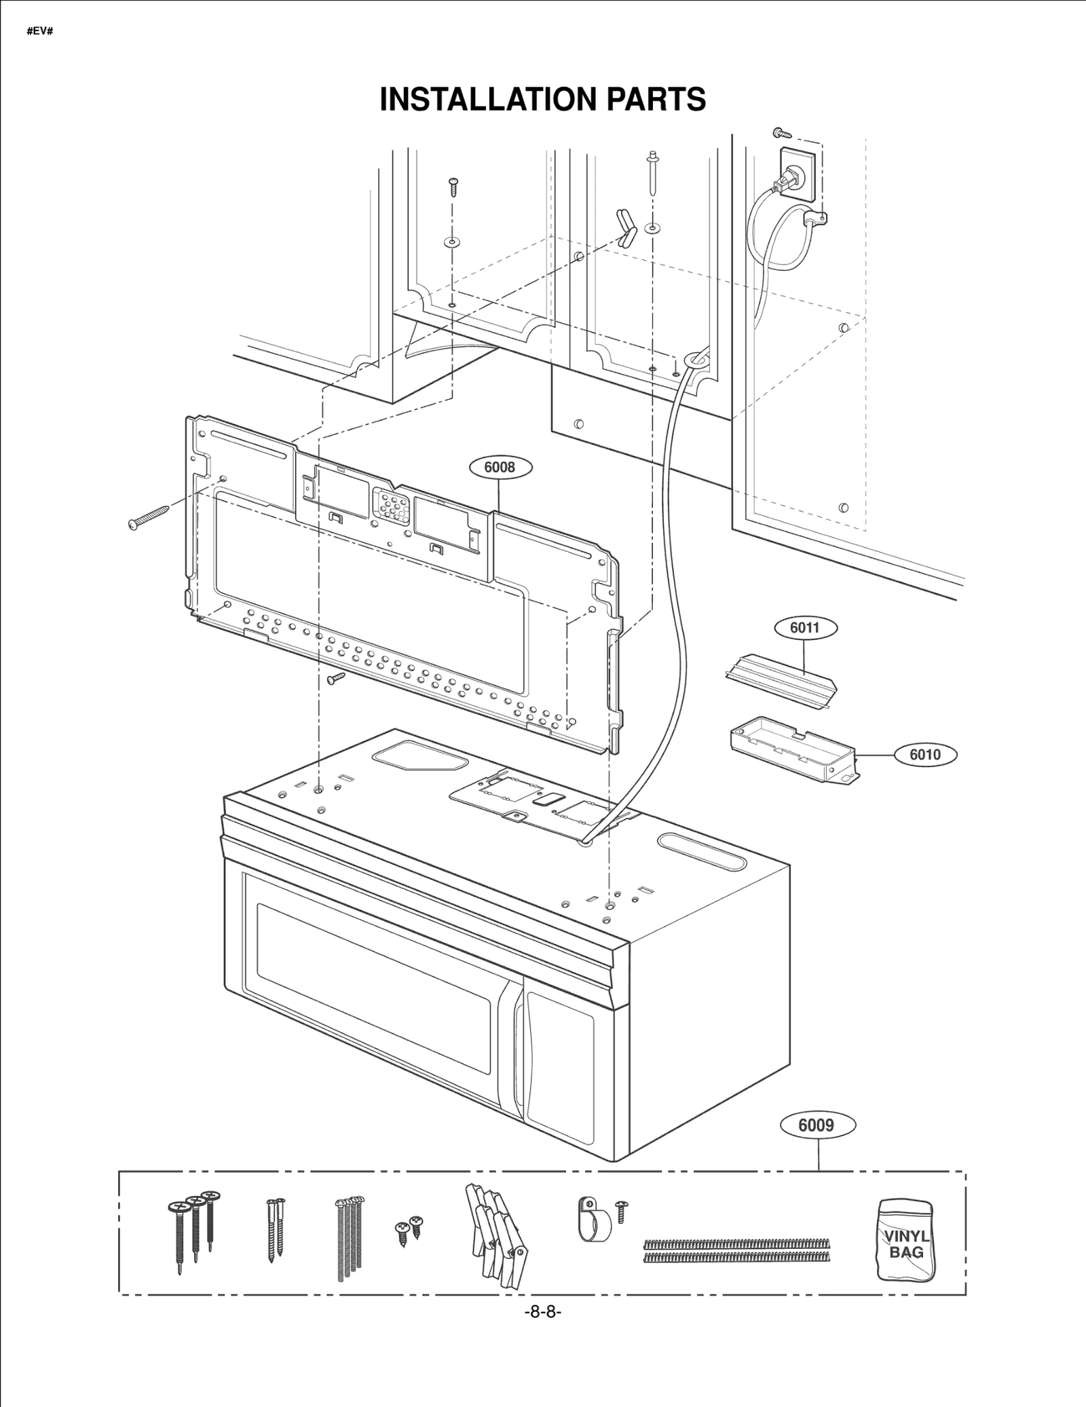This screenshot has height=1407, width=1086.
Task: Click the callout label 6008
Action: pos(500,467)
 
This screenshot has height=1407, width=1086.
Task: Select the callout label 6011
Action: pos(805,627)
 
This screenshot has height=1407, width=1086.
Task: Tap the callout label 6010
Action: pos(924,755)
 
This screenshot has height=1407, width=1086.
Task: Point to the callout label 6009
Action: pos(816,1125)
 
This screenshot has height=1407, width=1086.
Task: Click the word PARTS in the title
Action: pos(656,99)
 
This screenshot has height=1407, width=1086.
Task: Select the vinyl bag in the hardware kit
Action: pos(905,1241)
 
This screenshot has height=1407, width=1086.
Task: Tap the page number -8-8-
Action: pos(542,1312)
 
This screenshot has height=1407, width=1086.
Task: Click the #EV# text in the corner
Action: pos(40,31)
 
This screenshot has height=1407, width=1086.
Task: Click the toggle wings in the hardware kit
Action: pos(495,1235)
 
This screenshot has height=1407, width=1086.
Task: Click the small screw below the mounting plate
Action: pos(336,678)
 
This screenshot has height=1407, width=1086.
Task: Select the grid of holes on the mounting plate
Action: pos(390,506)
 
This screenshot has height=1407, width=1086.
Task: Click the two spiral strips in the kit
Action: pos(735,1250)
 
